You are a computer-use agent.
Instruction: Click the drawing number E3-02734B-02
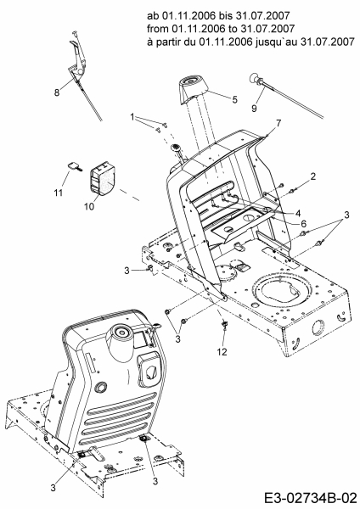[x=310, y=498]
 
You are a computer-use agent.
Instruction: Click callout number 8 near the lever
[x=57, y=92]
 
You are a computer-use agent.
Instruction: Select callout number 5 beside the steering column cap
[x=235, y=99]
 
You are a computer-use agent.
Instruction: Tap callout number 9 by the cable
[x=254, y=108]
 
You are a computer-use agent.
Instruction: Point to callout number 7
[x=278, y=123]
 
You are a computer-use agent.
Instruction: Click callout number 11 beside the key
[x=58, y=193]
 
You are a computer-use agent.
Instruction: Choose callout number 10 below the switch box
[x=89, y=206]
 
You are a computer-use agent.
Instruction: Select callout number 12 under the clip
[x=222, y=351]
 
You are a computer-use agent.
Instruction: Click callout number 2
[x=313, y=176]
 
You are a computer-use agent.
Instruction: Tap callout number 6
[x=303, y=223]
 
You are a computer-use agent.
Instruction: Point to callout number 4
[x=298, y=213]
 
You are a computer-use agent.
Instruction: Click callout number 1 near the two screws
[x=132, y=117]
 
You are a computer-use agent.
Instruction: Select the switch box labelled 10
[x=102, y=179]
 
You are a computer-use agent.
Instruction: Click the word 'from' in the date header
[x=158, y=29]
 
